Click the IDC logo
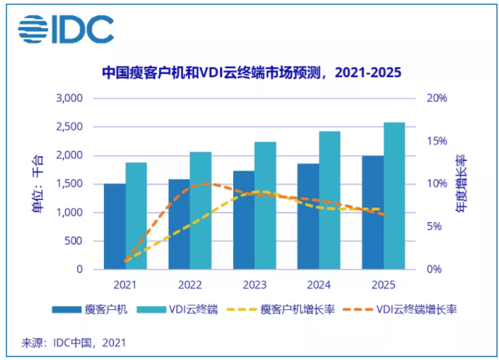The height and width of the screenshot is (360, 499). [66, 30]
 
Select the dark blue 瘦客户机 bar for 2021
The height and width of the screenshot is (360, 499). [114, 226]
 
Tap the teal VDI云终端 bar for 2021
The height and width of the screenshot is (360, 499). [136, 216]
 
